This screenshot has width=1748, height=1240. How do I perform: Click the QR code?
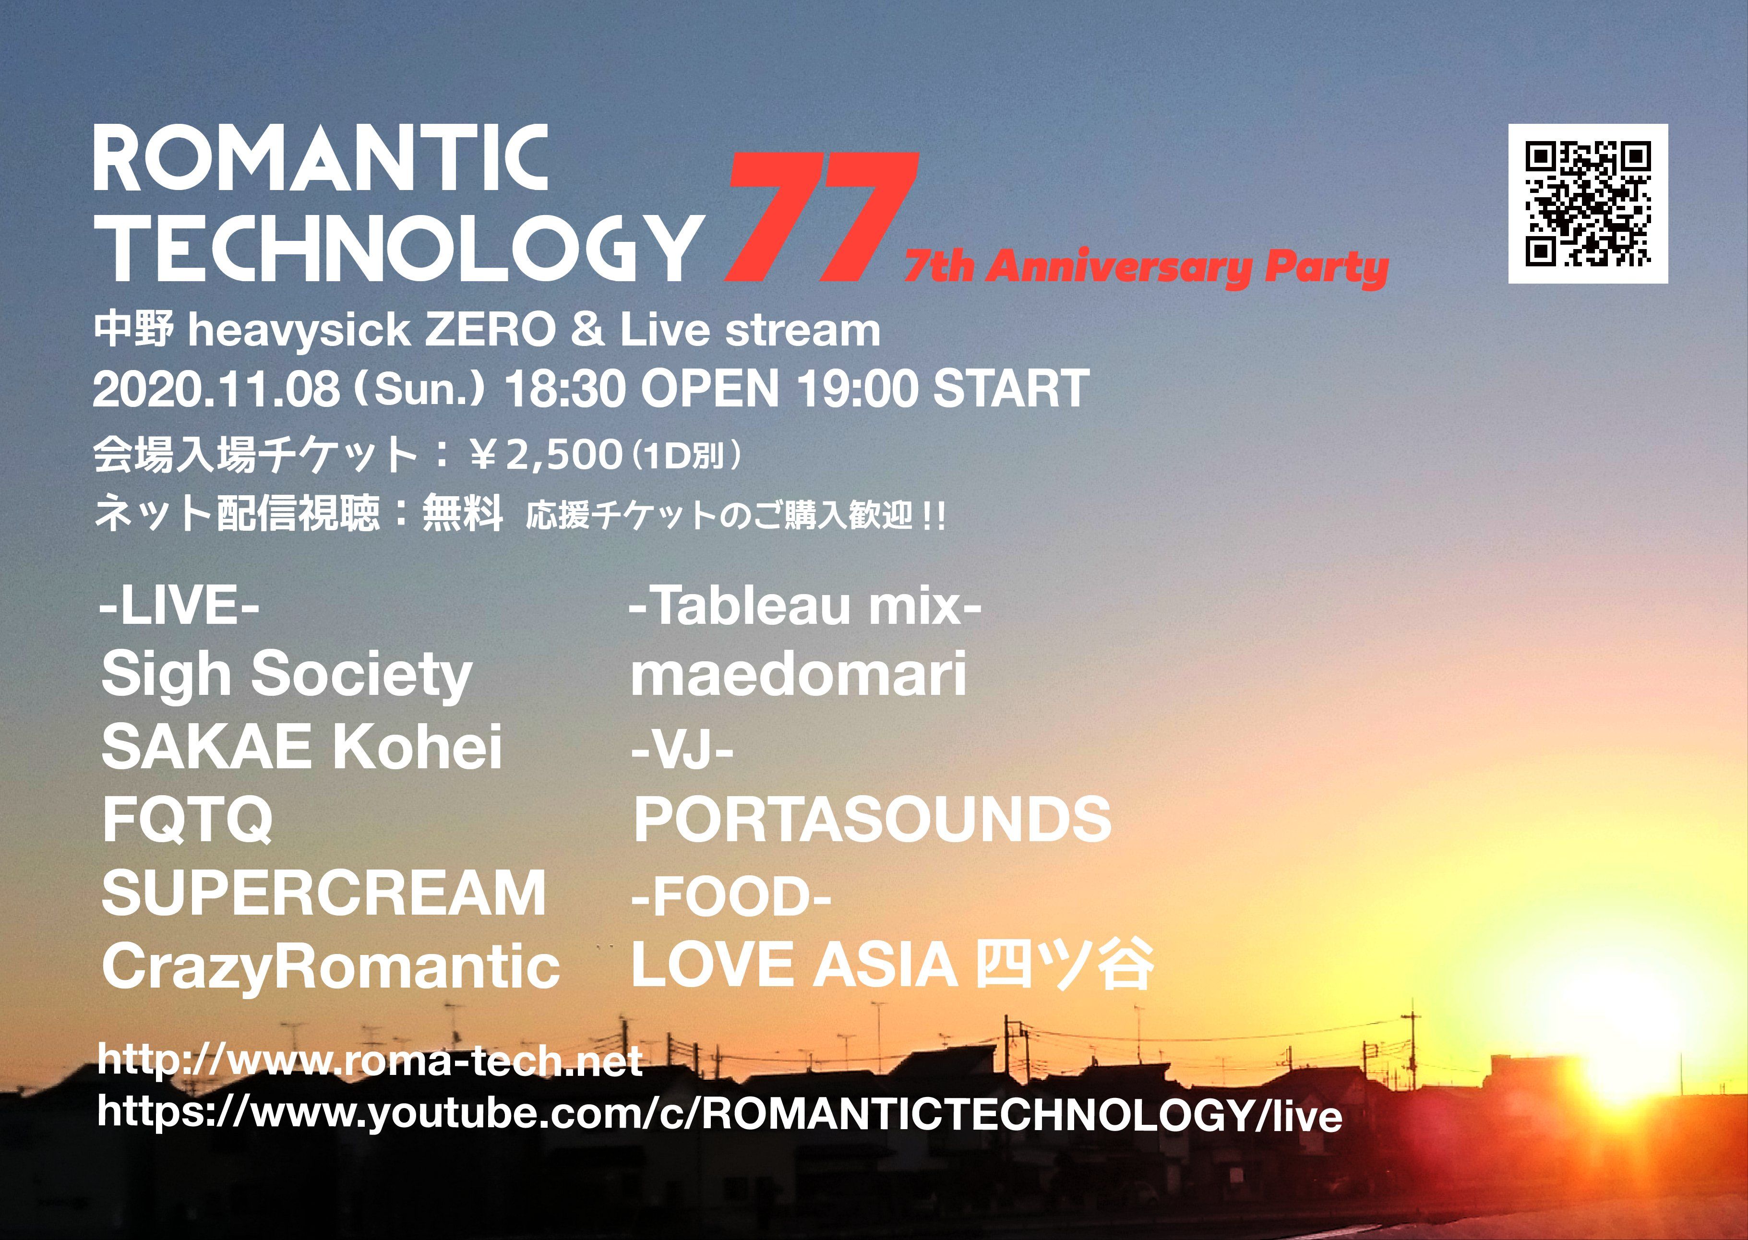(x=1588, y=204)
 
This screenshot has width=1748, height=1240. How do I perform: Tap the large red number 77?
(x=821, y=217)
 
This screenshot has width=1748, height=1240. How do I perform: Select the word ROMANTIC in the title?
(x=321, y=159)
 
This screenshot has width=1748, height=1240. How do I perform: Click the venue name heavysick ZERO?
(x=371, y=331)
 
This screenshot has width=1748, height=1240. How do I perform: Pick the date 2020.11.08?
(x=216, y=389)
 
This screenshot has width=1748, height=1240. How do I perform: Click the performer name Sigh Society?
(x=287, y=675)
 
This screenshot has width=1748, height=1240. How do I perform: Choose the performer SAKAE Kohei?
(x=301, y=747)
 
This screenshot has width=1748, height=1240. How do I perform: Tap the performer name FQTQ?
(x=187, y=819)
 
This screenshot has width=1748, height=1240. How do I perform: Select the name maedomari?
(x=799, y=675)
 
